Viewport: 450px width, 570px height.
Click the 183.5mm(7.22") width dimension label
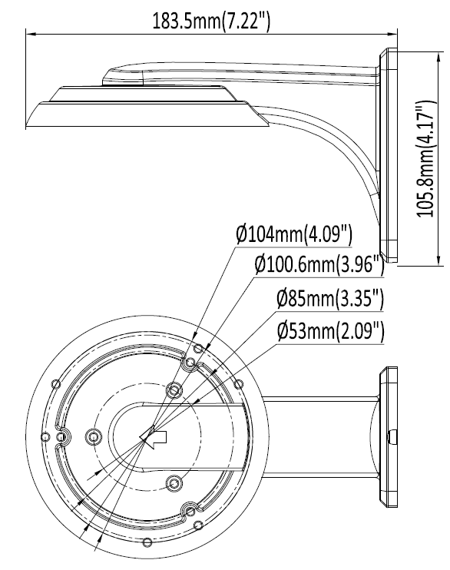pyautogui.click(x=211, y=21)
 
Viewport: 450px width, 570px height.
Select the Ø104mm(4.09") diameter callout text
pyautogui.click(x=294, y=235)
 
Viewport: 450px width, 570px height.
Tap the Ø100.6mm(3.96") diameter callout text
pyautogui.click(x=319, y=265)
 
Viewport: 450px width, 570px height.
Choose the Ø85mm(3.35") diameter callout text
pyautogui.click(x=330, y=299)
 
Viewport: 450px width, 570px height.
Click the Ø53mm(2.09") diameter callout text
pyautogui.click(x=330, y=331)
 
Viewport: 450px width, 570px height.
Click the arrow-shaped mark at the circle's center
pyautogui.click(x=154, y=437)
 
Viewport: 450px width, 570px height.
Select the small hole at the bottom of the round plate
pyautogui.click(x=147, y=543)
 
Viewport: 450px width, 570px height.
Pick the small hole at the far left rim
pyautogui.click(x=45, y=436)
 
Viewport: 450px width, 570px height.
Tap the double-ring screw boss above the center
pyautogui.click(x=174, y=390)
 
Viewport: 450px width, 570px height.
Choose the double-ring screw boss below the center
pyautogui.click(x=174, y=483)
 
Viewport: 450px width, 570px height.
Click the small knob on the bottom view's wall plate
pyautogui.click(x=392, y=436)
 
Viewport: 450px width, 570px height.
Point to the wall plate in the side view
pyautogui.click(x=389, y=155)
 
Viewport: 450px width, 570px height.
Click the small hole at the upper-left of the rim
pyautogui.click(x=55, y=384)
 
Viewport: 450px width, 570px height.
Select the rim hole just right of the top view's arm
pyautogui.click(x=239, y=383)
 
